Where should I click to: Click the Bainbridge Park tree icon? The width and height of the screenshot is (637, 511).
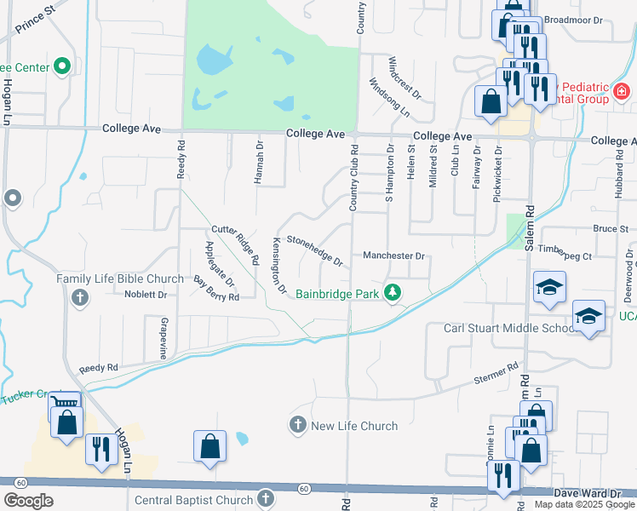tap(392, 293)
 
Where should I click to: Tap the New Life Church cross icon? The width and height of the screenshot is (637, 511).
tap(298, 424)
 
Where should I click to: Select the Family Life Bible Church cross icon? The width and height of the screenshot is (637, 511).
tap(80, 297)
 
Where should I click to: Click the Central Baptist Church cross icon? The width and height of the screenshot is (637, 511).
tap(265, 497)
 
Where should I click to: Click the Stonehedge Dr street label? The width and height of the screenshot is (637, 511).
tap(315, 250)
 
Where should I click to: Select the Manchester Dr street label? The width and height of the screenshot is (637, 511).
tap(393, 255)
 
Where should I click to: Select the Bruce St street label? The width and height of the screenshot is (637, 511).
tap(611, 228)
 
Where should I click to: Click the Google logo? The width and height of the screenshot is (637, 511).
tap(29, 501)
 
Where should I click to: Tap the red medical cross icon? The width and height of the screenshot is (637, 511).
tap(622, 90)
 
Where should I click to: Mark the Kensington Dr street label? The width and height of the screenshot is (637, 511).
tap(278, 266)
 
